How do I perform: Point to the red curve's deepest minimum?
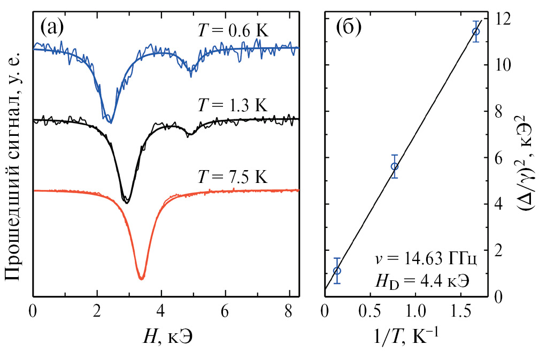(x=141, y=278)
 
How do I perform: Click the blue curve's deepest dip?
(x=110, y=122)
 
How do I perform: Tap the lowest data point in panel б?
(x=337, y=271)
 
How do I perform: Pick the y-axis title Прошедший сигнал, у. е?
(x=14, y=166)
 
